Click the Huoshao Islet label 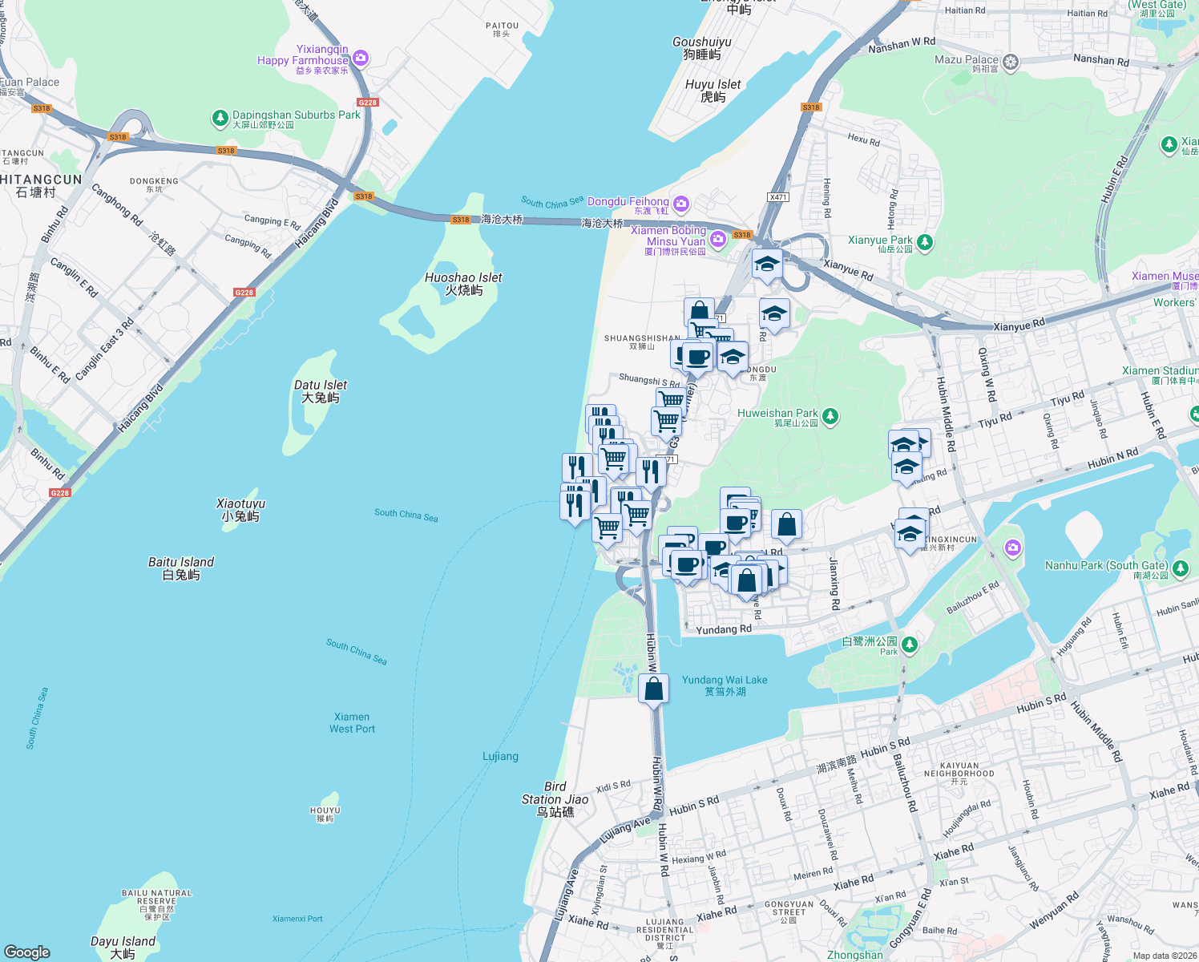pos(463,284)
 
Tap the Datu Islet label pos(321,391)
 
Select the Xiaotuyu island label pos(240,510)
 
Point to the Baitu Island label pos(181,568)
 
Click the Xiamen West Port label pos(352,723)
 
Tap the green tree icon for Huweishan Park pos(830,415)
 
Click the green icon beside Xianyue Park pos(925,241)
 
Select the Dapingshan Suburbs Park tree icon pos(220,119)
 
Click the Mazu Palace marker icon pos(1011,62)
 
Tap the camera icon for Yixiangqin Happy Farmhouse pos(361,57)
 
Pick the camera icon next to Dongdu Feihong pos(680,204)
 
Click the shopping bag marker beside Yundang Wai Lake pos(654,689)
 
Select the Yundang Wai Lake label pos(725,685)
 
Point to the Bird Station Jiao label pos(555,799)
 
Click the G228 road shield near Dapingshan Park pos(368,103)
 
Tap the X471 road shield pos(777,197)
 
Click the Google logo pos(27,952)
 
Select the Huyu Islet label pos(713,91)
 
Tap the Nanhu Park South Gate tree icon pos(1181,568)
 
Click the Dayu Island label pos(123,948)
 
